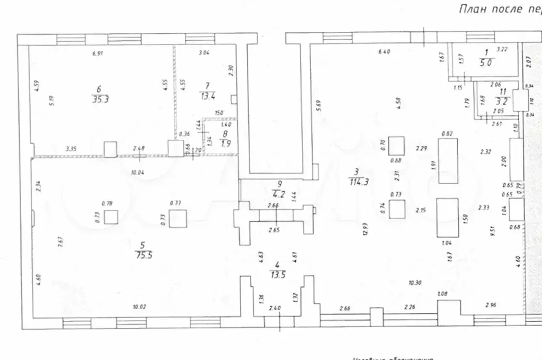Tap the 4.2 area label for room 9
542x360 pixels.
click(x=279, y=194)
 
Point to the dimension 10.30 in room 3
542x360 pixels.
click(x=415, y=283)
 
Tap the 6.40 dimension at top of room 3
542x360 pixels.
click(x=384, y=52)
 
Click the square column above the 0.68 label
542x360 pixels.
click(x=396, y=145)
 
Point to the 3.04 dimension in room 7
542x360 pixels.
click(x=204, y=52)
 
